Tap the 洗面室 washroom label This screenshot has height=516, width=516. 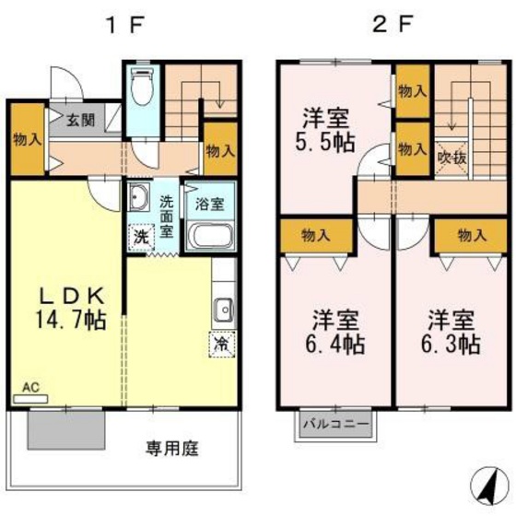click(167, 216)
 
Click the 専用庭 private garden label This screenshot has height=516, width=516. click(173, 450)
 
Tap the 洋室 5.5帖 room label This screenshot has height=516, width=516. click(327, 132)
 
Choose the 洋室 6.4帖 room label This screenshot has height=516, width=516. click(334, 334)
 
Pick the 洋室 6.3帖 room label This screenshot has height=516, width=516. click(451, 334)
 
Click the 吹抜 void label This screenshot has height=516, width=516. click(452, 158)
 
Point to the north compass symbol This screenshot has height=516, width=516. click(486, 482)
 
